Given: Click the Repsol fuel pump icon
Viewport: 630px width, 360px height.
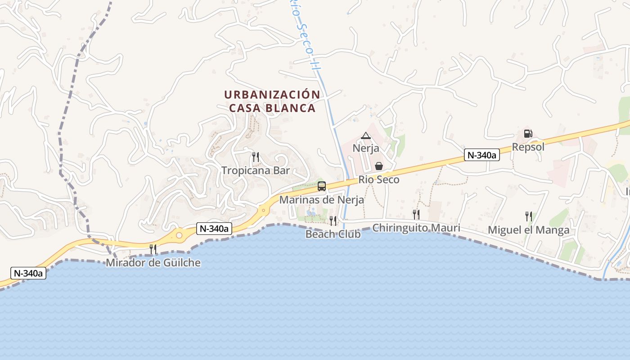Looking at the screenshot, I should tap(528, 134).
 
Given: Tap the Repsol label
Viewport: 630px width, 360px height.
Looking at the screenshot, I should tap(528, 147).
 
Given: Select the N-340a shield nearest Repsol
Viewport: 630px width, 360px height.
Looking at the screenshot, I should tap(482, 155).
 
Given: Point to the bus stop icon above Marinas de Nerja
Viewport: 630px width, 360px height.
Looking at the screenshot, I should tap(322, 186).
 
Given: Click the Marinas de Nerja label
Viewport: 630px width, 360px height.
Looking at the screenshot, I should tap(322, 199).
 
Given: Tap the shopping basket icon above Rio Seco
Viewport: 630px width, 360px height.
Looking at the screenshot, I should tap(379, 166).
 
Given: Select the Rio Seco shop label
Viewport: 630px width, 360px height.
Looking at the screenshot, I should tap(379, 180).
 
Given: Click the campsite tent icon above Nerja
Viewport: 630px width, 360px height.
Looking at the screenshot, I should tap(366, 135).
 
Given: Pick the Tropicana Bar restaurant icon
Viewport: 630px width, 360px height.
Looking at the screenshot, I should tap(256, 157).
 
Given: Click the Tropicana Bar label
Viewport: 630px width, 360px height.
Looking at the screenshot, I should tap(256, 171).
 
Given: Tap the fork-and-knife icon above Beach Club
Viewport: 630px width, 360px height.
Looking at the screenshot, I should tap(333, 220).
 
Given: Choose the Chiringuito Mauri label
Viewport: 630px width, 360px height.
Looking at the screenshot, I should tap(416, 228).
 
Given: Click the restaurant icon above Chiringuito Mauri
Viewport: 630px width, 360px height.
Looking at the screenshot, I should tap(416, 215).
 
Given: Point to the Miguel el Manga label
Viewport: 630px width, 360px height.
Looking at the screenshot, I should tap(529, 230).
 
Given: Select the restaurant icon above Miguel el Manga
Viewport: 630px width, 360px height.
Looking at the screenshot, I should tap(529, 216).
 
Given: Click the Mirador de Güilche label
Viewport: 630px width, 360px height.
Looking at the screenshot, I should tap(153, 263).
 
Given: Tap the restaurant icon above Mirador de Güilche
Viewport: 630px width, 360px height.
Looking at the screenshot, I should tap(153, 249).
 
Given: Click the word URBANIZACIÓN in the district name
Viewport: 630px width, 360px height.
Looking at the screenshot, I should tap(272, 95).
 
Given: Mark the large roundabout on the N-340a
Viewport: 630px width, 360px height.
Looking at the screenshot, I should tap(179, 234).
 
